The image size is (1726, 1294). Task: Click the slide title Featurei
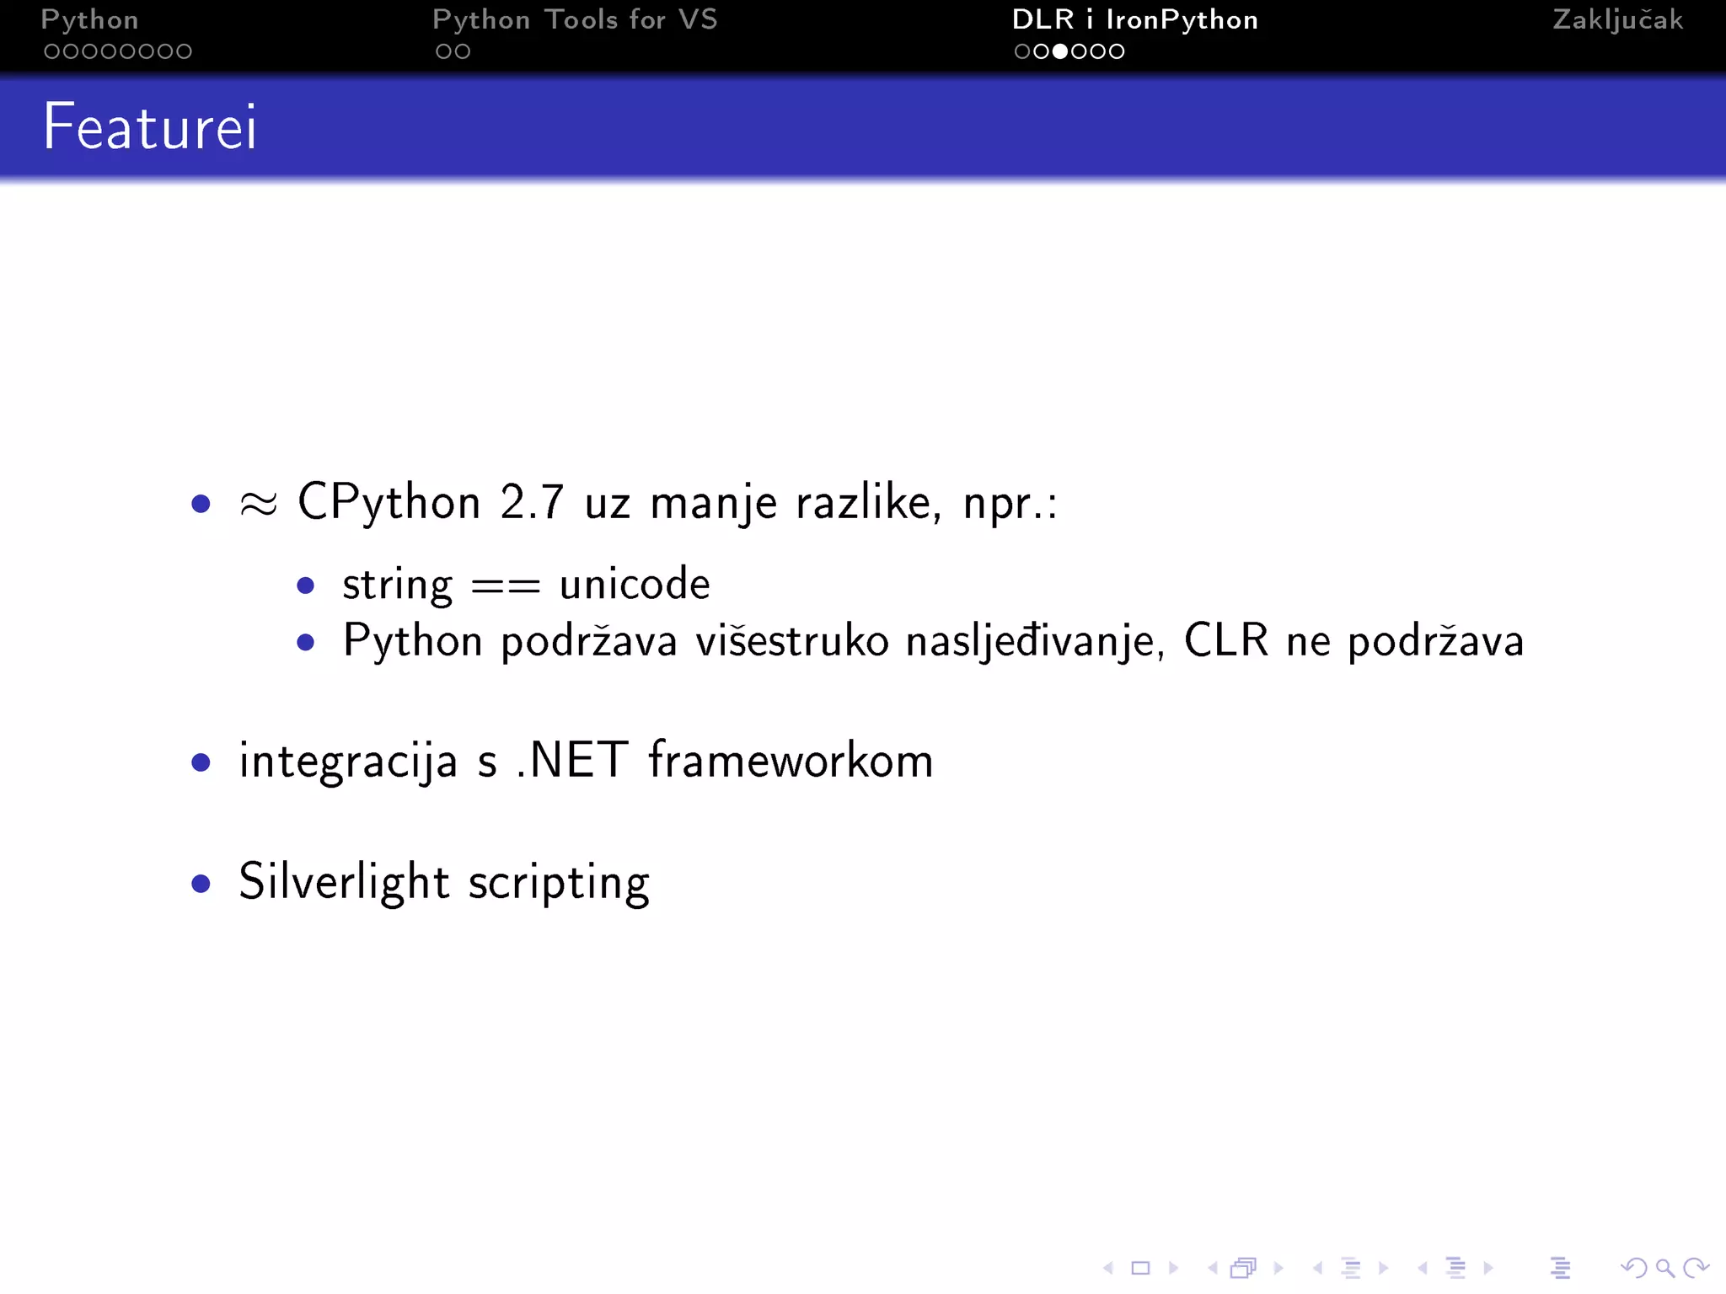tap(150, 126)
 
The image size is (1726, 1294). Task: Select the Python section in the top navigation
tap(89, 20)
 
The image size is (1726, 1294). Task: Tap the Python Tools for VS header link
tap(575, 20)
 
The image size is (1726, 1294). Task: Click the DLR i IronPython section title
tap(1134, 20)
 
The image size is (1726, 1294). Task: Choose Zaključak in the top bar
tap(1617, 20)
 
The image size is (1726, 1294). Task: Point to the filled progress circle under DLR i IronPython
tap(1060, 51)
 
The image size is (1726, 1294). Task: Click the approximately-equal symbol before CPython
tap(258, 504)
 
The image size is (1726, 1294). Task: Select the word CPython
tap(389, 503)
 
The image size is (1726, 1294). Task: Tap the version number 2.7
tap(531, 503)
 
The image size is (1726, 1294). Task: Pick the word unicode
tap(635, 584)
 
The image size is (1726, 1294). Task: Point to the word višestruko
tap(791, 641)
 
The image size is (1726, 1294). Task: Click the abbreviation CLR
tap(1225, 640)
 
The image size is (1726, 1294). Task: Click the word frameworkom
tap(791, 760)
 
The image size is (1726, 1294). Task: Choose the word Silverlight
tap(344, 882)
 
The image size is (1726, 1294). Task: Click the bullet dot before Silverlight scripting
tap(201, 883)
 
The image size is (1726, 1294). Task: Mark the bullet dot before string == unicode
tap(306, 586)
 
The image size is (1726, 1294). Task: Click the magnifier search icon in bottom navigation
tap(1664, 1268)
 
